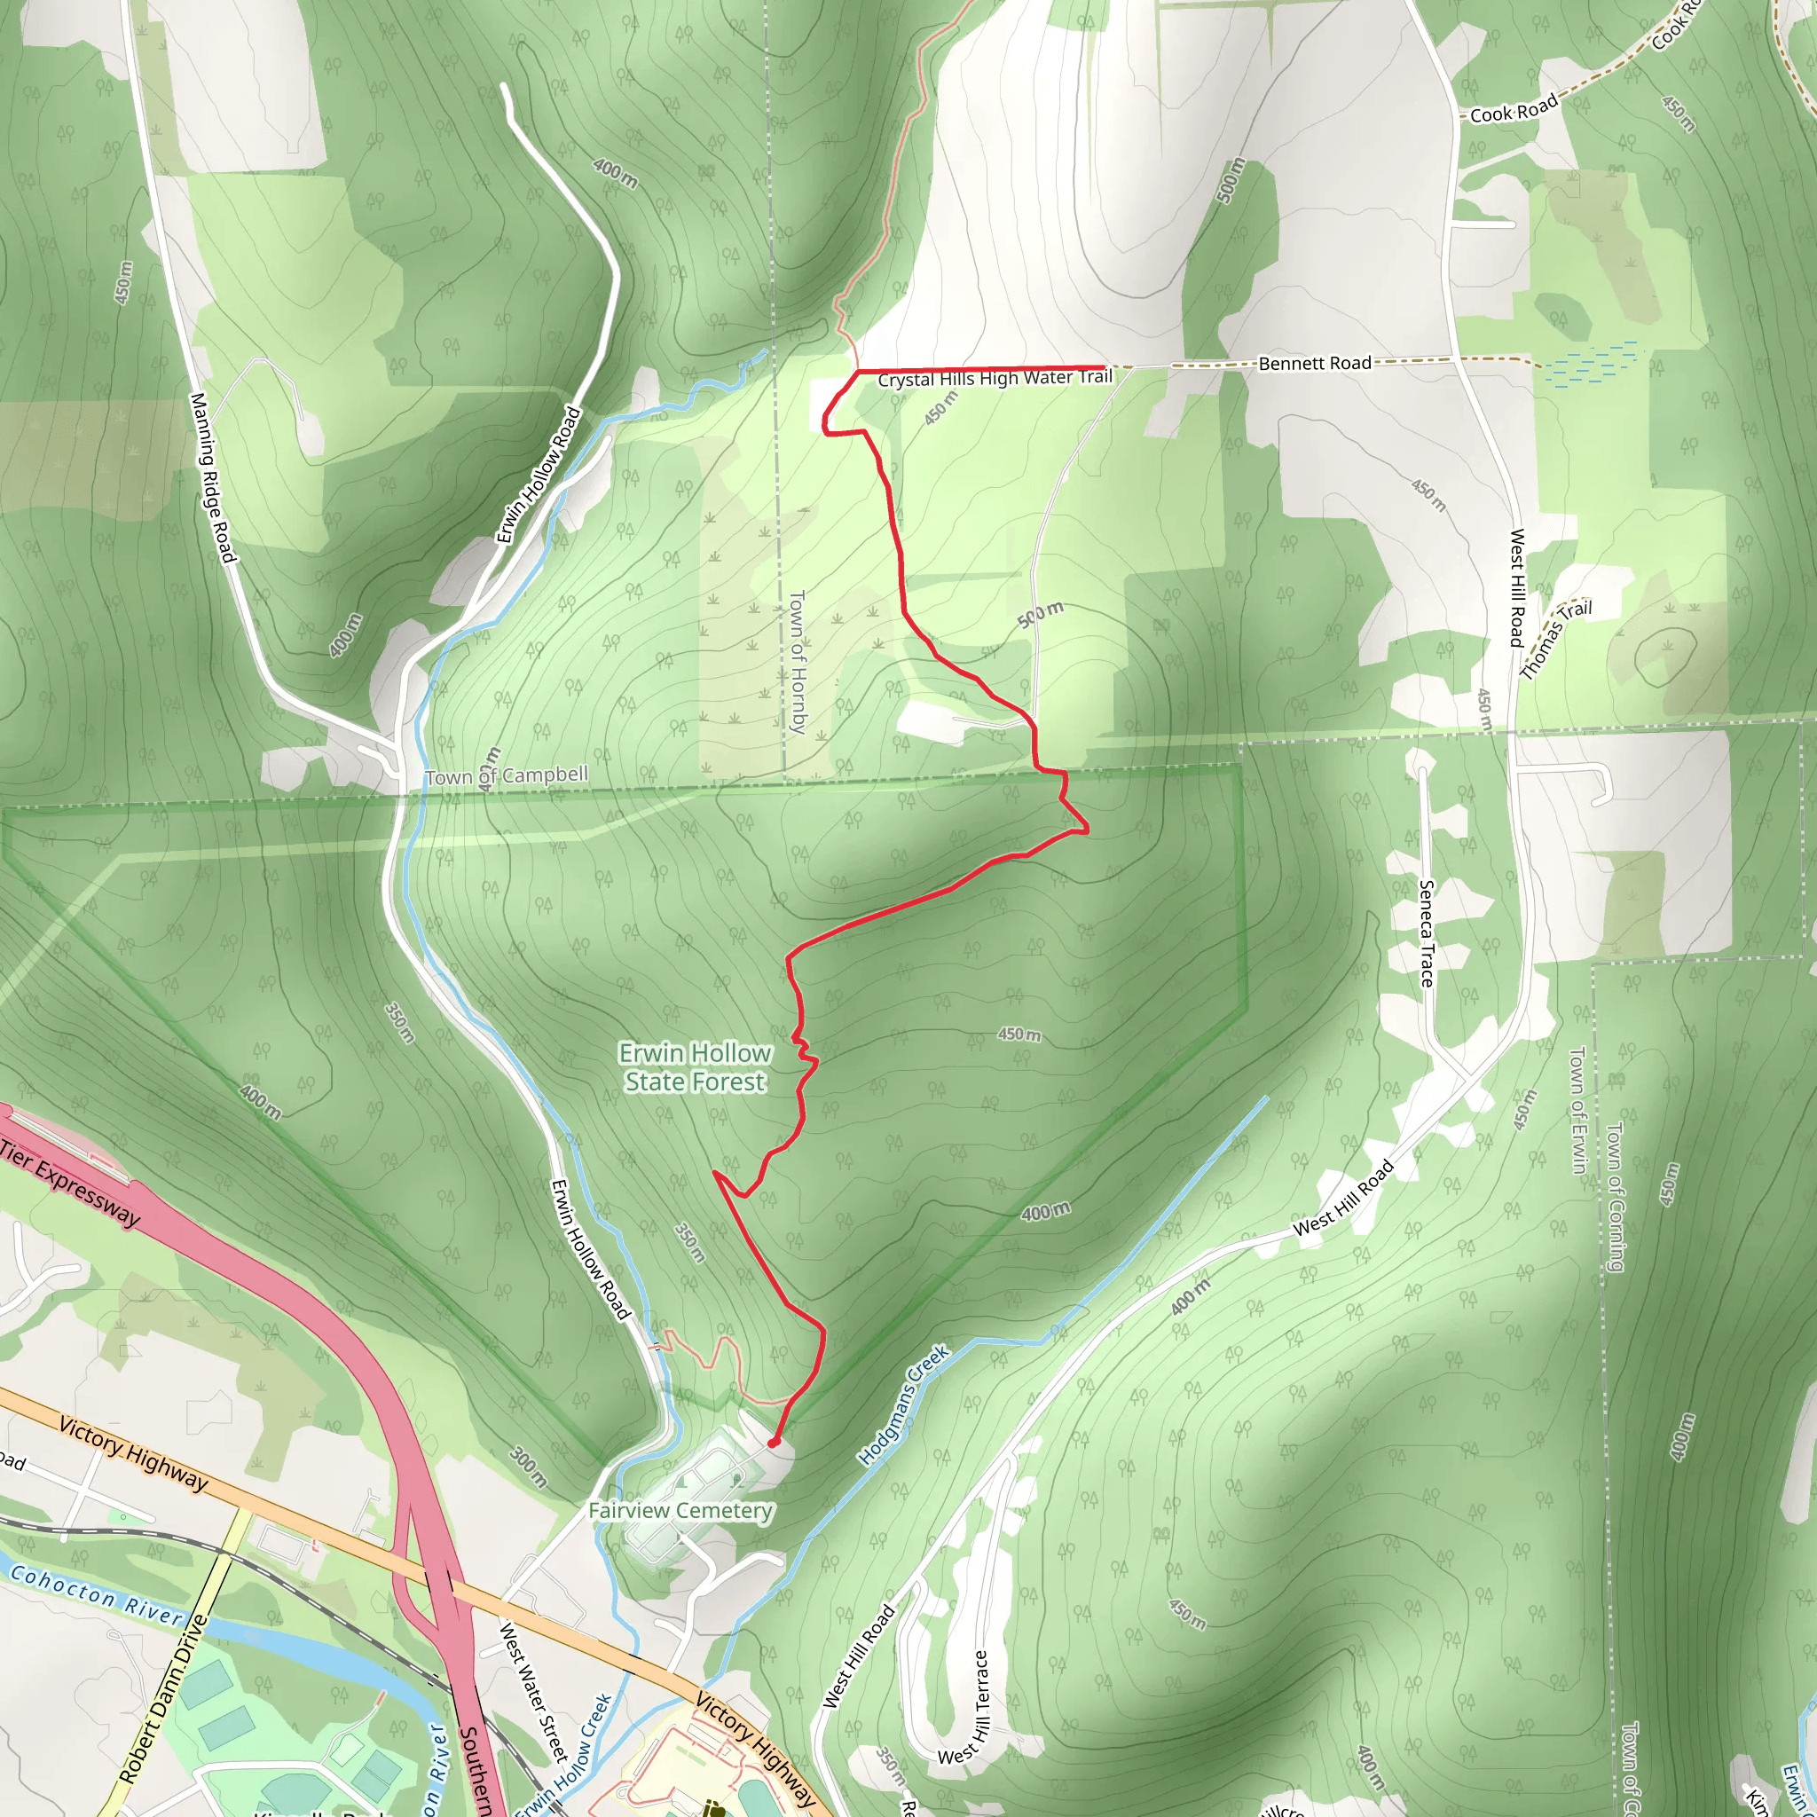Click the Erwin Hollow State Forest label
[x=695, y=1067]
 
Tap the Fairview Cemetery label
[x=680, y=1510]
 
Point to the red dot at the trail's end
[x=773, y=1442]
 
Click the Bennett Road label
[x=1314, y=363]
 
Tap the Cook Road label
[x=1514, y=110]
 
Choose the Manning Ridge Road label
[x=213, y=478]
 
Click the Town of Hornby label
[x=798, y=661]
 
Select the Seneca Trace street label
[x=1427, y=933]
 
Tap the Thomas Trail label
[x=1555, y=638]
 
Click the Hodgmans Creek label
[x=904, y=1406]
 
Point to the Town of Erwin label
[x=1577, y=1110]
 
